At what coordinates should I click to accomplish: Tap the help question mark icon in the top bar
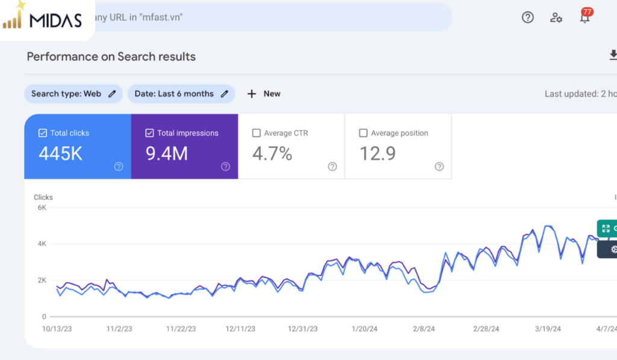(x=528, y=17)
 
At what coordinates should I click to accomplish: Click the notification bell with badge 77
(x=586, y=16)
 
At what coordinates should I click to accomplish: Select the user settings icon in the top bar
(x=556, y=17)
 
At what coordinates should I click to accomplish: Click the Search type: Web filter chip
(x=73, y=93)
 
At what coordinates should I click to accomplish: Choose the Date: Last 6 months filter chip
(x=181, y=93)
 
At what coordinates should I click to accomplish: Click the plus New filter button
(x=264, y=93)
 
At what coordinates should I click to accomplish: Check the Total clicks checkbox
(x=43, y=133)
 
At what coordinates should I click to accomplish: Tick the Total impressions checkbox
(x=149, y=133)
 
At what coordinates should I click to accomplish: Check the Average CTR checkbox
(x=256, y=133)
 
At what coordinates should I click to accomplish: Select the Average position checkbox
(x=363, y=133)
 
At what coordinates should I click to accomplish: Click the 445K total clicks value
(x=61, y=154)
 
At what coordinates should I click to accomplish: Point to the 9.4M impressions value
(x=167, y=154)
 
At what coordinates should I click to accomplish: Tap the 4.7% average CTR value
(x=272, y=154)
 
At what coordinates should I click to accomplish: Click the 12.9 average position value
(x=378, y=154)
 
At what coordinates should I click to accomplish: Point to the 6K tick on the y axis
(x=42, y=207)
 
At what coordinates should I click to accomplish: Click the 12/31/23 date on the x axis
(x=302, y=329)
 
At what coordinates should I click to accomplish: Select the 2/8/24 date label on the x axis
(x=424, y=329)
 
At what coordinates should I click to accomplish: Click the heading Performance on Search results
(x=111, y=57)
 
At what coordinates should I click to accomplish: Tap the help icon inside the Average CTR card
(x=333, y=166)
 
